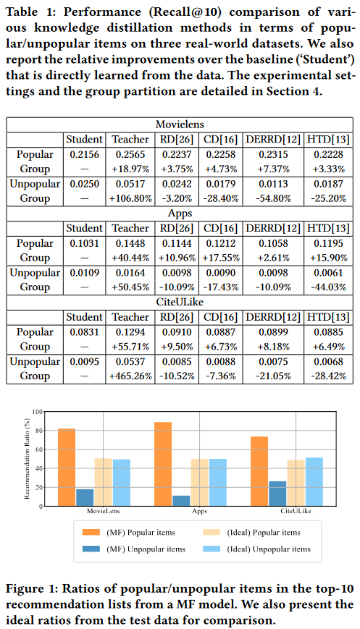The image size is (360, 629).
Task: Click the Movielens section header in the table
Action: tap(180, 124)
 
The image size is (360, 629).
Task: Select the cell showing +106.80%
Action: tap(130, 198)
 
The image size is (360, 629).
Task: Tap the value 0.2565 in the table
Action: tap(130, 154)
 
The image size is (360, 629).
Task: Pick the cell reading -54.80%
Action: tap(273, 198)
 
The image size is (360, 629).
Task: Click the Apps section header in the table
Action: tap(180, 214)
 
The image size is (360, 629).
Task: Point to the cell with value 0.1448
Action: tap(130, 243)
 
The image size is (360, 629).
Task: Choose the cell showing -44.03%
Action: tap(328, 287)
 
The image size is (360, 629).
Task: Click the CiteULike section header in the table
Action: tap(180, 302)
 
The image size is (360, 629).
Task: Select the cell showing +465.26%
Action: tap(130, 376)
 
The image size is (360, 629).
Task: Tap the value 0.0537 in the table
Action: tap(130, 361)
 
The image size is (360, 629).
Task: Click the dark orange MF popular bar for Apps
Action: tap(163, 464)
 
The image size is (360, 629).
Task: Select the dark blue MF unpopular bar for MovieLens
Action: tap(85, 497)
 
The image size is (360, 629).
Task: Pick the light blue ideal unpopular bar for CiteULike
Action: tap(314, 482)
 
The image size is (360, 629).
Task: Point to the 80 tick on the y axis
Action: tap(38, 431)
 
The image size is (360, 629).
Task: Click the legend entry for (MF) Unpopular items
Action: tap(134, 549)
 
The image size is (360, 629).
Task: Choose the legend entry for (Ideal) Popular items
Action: tap(251, 533)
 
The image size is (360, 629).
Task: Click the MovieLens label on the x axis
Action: tap(103, 511)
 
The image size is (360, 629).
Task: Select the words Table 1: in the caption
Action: tap(31, 12)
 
